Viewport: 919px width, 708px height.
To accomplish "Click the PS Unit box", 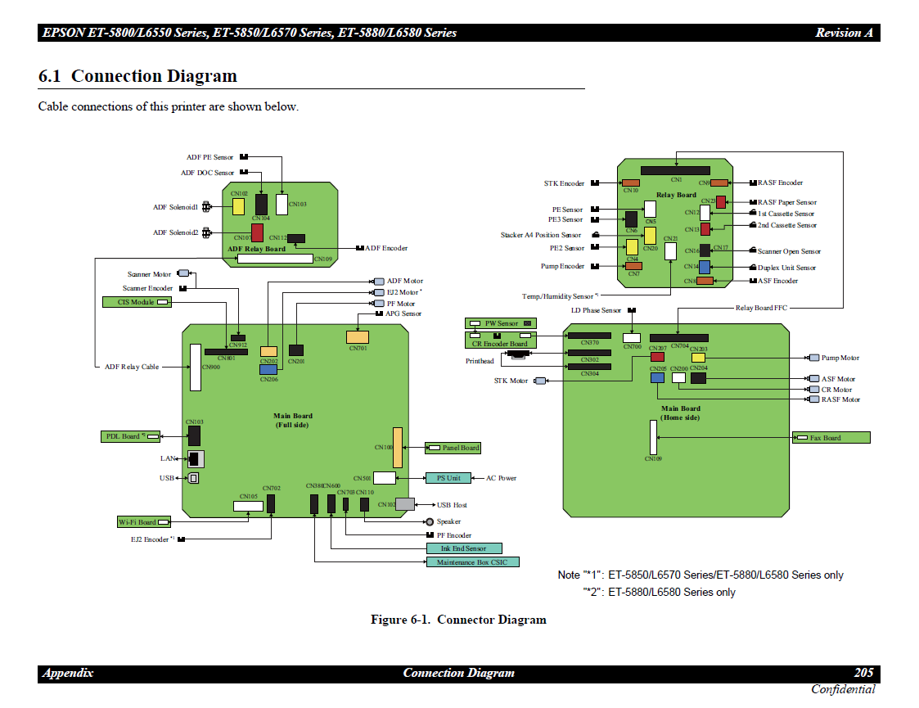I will (x=448, y=478).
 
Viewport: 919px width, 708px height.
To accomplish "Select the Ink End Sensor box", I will (x=464, y=548).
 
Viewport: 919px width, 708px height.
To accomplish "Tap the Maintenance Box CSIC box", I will (x=472, y=562).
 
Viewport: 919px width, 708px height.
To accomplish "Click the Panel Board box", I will (x=453, y=448).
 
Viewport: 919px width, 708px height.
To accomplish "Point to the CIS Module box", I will (x=137, y=302).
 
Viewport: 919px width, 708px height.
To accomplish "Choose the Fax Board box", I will (x=831, y=438).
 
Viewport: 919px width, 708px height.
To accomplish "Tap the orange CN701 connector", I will (x=358, y=336).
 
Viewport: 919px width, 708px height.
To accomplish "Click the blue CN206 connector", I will (x=268, y=369).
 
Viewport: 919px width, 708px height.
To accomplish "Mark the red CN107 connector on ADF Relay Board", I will (x=257, y=233).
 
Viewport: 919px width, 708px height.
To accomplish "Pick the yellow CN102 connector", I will (x=238, y=206).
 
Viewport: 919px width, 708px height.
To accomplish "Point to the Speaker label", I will (x=448, y=521).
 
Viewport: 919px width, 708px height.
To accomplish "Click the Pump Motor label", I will (x=840, y=358).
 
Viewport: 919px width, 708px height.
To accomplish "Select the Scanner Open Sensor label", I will (x=789, y=251).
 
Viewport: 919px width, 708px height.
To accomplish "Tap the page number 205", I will (x=863, y=673).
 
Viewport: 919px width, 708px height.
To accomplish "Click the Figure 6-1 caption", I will (x=458, y=620).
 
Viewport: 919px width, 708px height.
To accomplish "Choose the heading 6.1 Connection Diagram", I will (x=137, y=76).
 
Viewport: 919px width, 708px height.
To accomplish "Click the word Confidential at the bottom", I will (x=843, y=689).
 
